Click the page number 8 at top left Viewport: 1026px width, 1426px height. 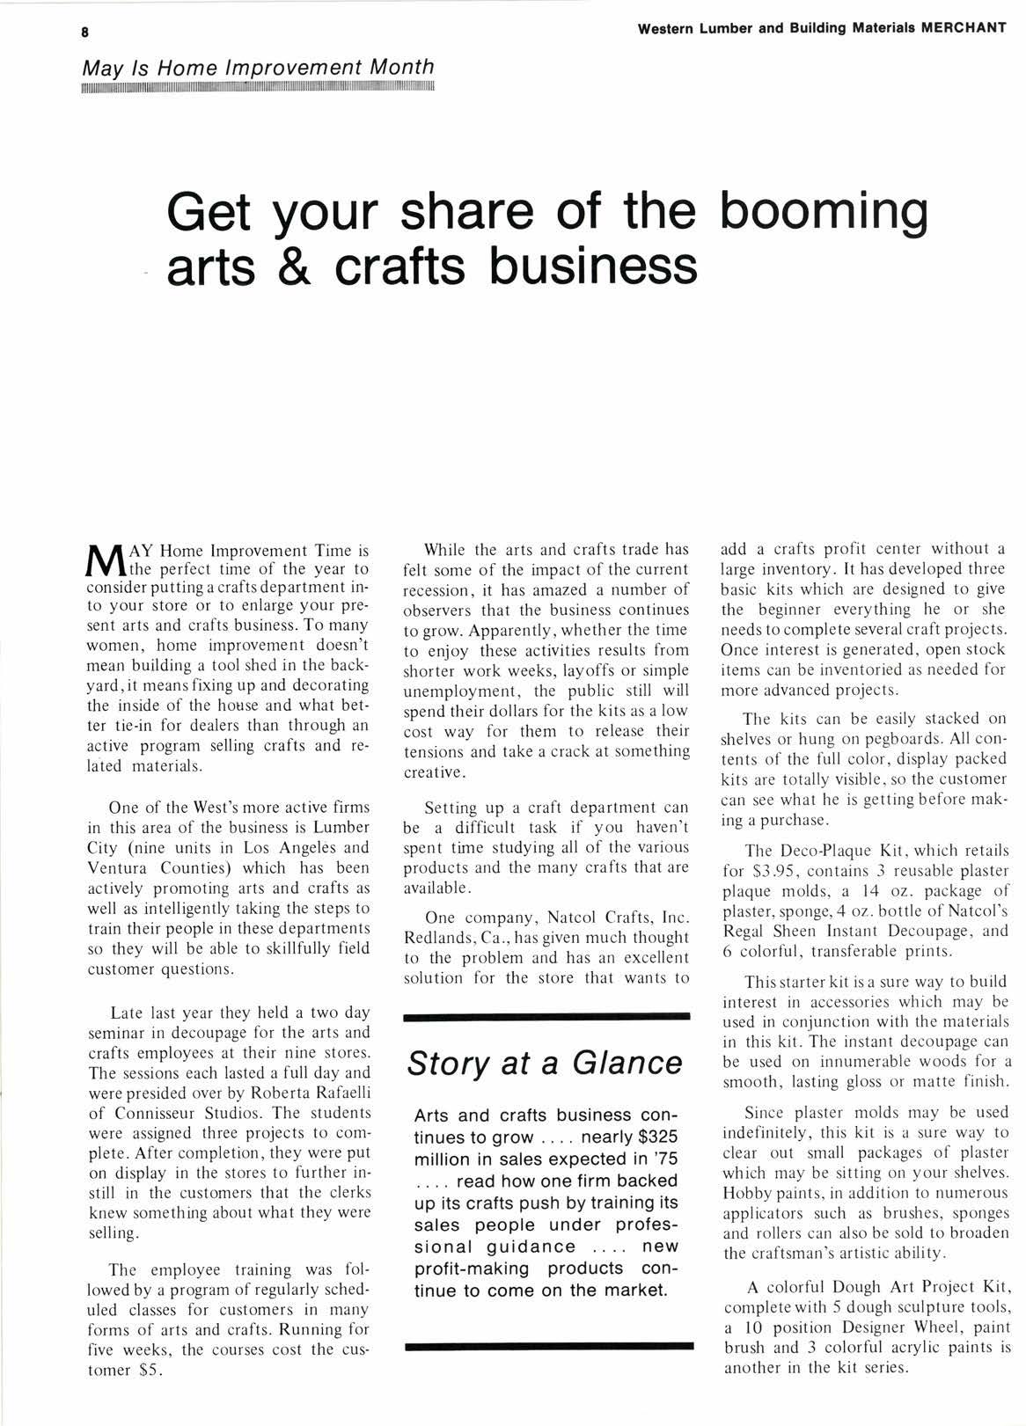point(85,33)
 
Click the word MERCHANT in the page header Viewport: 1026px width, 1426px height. point(964,27)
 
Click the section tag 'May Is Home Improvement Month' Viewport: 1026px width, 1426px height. point(258,67)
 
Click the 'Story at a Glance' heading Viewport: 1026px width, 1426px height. point(545,1063)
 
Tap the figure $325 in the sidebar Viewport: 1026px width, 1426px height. point(657,1137)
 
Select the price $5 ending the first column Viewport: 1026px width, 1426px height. point(147,1370)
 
